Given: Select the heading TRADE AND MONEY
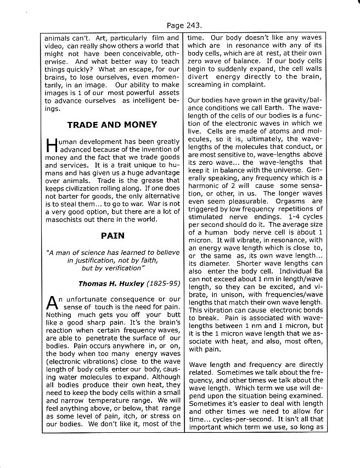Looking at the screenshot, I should [x=112, y=125].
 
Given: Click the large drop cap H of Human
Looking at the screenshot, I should [x=50, y=145].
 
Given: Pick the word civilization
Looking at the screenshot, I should [x=82, y=188].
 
